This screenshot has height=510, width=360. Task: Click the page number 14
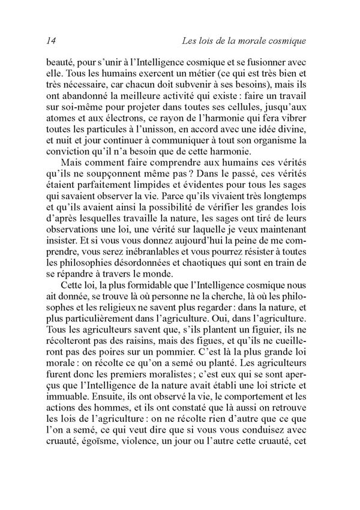(51, 41)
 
